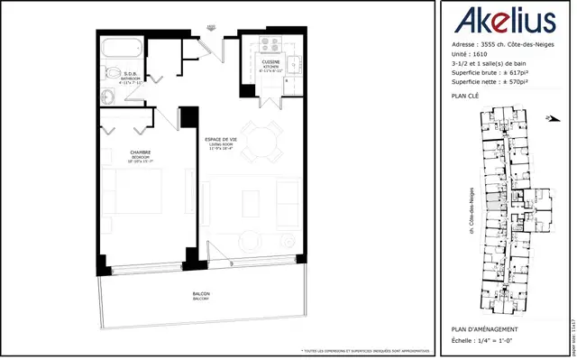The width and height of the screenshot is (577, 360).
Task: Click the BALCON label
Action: [x=202, y=295]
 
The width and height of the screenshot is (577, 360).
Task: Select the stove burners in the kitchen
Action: [x=272, y=45]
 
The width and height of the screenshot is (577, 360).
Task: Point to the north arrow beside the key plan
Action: [x=549, y=117]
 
